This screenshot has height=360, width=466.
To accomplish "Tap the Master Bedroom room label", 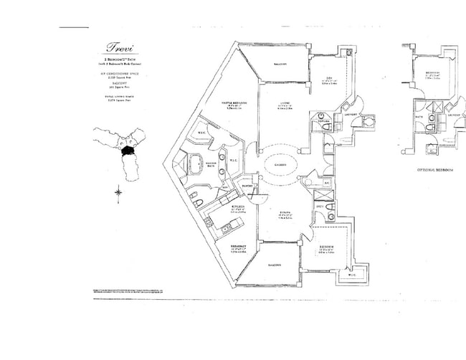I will [x=234, y=104].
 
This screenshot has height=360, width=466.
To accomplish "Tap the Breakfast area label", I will [x=239, y=247].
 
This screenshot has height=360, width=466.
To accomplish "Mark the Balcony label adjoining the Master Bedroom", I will [x=280, y=65].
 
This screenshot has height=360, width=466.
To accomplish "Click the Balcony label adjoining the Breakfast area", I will [x=273, y=265].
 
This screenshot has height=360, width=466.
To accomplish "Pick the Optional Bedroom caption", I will [x=436, y=171].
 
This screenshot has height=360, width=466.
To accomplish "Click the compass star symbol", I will [x=119, y=192].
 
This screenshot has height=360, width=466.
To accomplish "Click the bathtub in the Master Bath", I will [x=195, y=164].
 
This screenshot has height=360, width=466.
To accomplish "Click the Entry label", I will [x=320, y=206].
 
